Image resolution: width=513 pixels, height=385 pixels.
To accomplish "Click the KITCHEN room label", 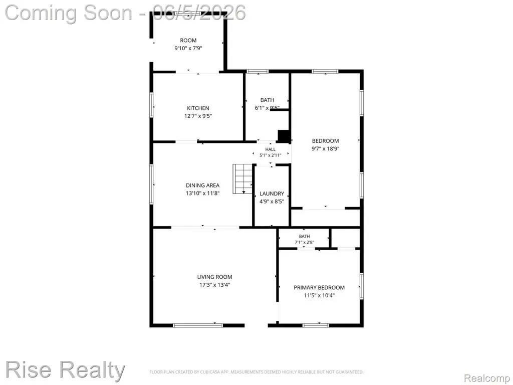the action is point(198,108).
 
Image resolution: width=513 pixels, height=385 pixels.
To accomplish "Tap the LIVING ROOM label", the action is point(214,277).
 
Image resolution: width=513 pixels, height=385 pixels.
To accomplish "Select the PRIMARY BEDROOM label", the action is point(319,287).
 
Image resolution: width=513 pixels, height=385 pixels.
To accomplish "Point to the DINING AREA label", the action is point(202,185).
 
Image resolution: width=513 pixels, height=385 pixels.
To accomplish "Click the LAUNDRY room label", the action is point(272,194).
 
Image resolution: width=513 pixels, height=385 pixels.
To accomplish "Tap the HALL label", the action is point(270,149).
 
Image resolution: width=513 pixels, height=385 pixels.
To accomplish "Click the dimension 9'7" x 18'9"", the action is point(325,148).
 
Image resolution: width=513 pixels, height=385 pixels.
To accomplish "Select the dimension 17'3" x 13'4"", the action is point(214,285).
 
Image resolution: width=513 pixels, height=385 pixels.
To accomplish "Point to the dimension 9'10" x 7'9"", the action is point(188,49).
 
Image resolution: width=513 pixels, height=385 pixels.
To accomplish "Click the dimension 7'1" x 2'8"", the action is point(304,243).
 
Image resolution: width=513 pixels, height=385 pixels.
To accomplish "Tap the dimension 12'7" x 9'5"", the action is point(198,116).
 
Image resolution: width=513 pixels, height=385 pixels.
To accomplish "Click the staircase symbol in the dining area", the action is point(243,179).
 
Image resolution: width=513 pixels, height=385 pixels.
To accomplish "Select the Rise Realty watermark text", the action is point(65,370).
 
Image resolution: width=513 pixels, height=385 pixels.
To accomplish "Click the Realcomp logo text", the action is point(486,378).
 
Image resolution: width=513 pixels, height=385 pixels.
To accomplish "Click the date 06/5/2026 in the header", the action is point(199,13).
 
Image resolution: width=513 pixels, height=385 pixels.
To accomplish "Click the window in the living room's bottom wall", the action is point(198,325).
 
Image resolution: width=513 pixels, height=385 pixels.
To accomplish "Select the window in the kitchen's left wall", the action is point(151,105).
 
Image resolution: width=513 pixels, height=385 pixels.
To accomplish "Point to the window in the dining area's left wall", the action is point(151,184).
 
